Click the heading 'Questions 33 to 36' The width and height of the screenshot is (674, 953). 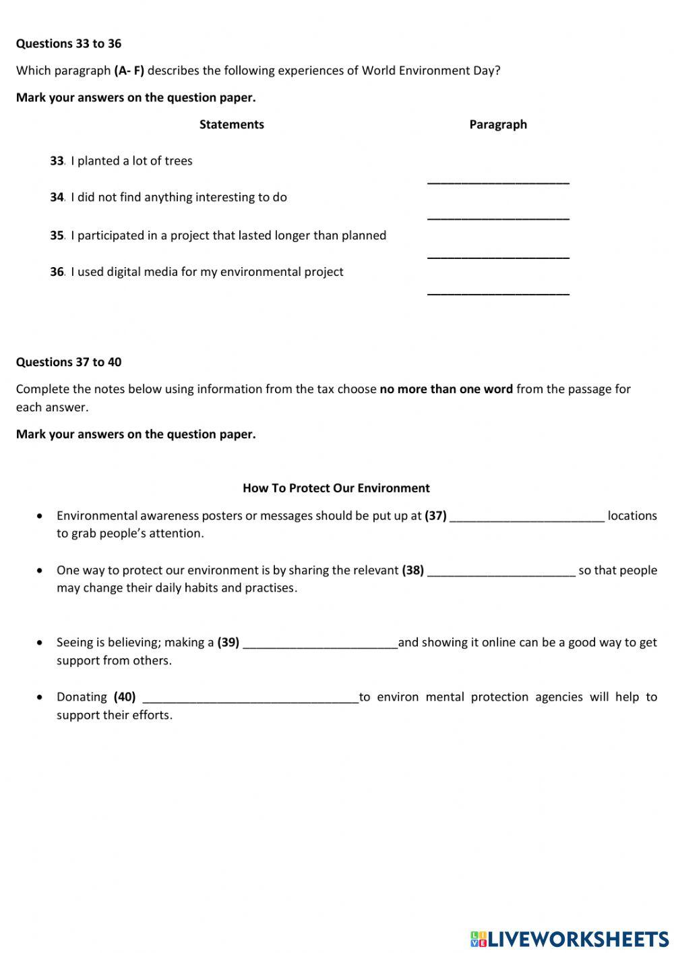click(69, 44)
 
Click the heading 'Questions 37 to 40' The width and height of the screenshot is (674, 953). click(69, 362)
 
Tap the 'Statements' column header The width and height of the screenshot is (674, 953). click(232, 124)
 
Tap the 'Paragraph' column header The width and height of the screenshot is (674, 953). click(498, 124)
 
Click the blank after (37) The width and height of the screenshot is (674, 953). click(527, 516)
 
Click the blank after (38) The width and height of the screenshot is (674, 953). click(501, 571)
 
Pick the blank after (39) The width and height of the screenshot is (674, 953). click(320, 643)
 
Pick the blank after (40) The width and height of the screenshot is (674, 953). click(251, 697)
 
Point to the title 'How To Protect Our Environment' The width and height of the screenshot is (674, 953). click(336, 488)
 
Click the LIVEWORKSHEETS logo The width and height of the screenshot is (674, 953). click(570, 939)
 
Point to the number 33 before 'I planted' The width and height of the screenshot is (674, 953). click(57, 161)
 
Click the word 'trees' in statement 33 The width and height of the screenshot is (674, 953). click(178, 161)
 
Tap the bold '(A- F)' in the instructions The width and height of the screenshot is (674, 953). click(129, 71)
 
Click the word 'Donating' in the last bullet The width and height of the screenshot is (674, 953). click(82, 697)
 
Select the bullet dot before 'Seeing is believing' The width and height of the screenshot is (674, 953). click(41, 643)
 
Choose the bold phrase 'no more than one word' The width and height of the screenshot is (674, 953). click(446, 389)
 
